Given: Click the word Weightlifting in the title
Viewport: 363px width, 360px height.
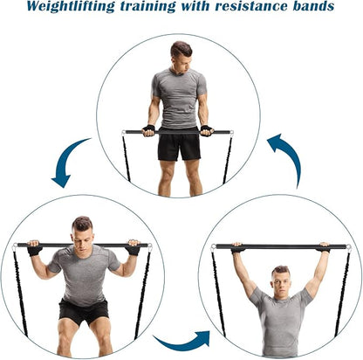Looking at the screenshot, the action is (71, 7).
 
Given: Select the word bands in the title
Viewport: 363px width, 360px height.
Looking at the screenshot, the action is (313, 6).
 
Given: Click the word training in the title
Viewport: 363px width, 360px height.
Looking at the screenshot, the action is (147, 7).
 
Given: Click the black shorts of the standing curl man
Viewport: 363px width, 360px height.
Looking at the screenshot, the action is (179, 144).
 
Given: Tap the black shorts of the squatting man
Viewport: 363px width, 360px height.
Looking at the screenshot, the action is (84, 312).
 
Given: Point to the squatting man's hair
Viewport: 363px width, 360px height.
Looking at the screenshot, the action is (82, 224).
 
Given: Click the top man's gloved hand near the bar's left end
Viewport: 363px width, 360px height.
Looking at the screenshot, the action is (148, 131).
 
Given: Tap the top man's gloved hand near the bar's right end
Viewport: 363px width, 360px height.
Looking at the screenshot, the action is (207, 131).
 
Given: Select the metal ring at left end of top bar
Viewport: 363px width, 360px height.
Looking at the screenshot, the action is (124, 133).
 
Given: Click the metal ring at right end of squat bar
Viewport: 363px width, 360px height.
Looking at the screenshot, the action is (150, 248).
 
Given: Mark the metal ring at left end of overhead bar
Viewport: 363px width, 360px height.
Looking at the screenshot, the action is (213, 247).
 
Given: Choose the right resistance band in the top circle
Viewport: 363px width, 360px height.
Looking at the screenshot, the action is (228, 159).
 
